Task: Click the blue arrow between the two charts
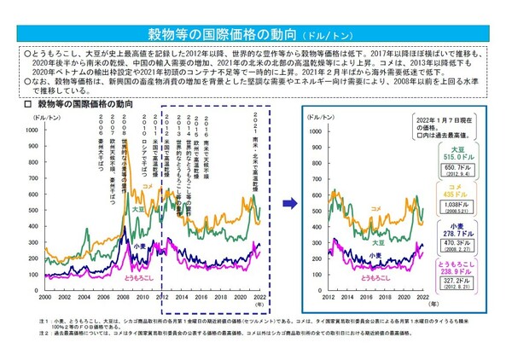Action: (291, 203)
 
